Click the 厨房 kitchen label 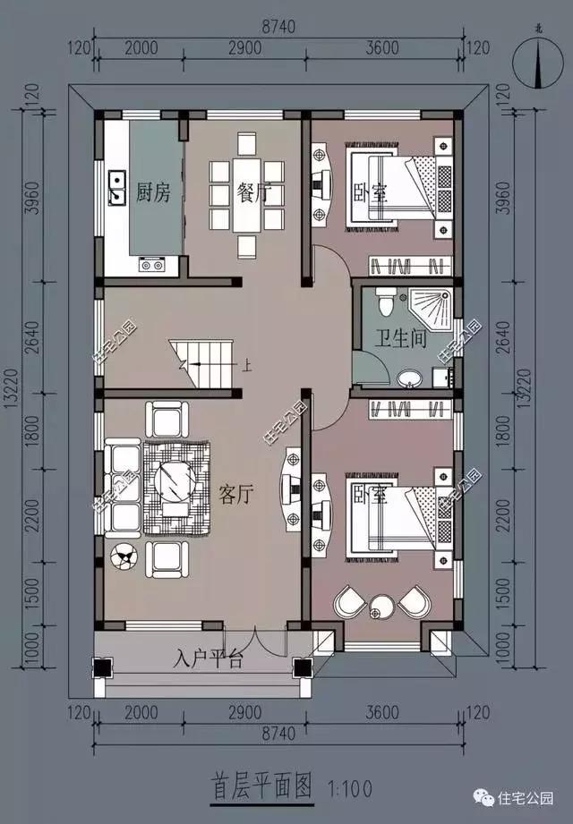pos(152,191)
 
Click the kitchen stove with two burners pos(151,264)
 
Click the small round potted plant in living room pos(123,558)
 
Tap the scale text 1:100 pos(346,789)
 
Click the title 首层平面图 pos(261,787)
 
